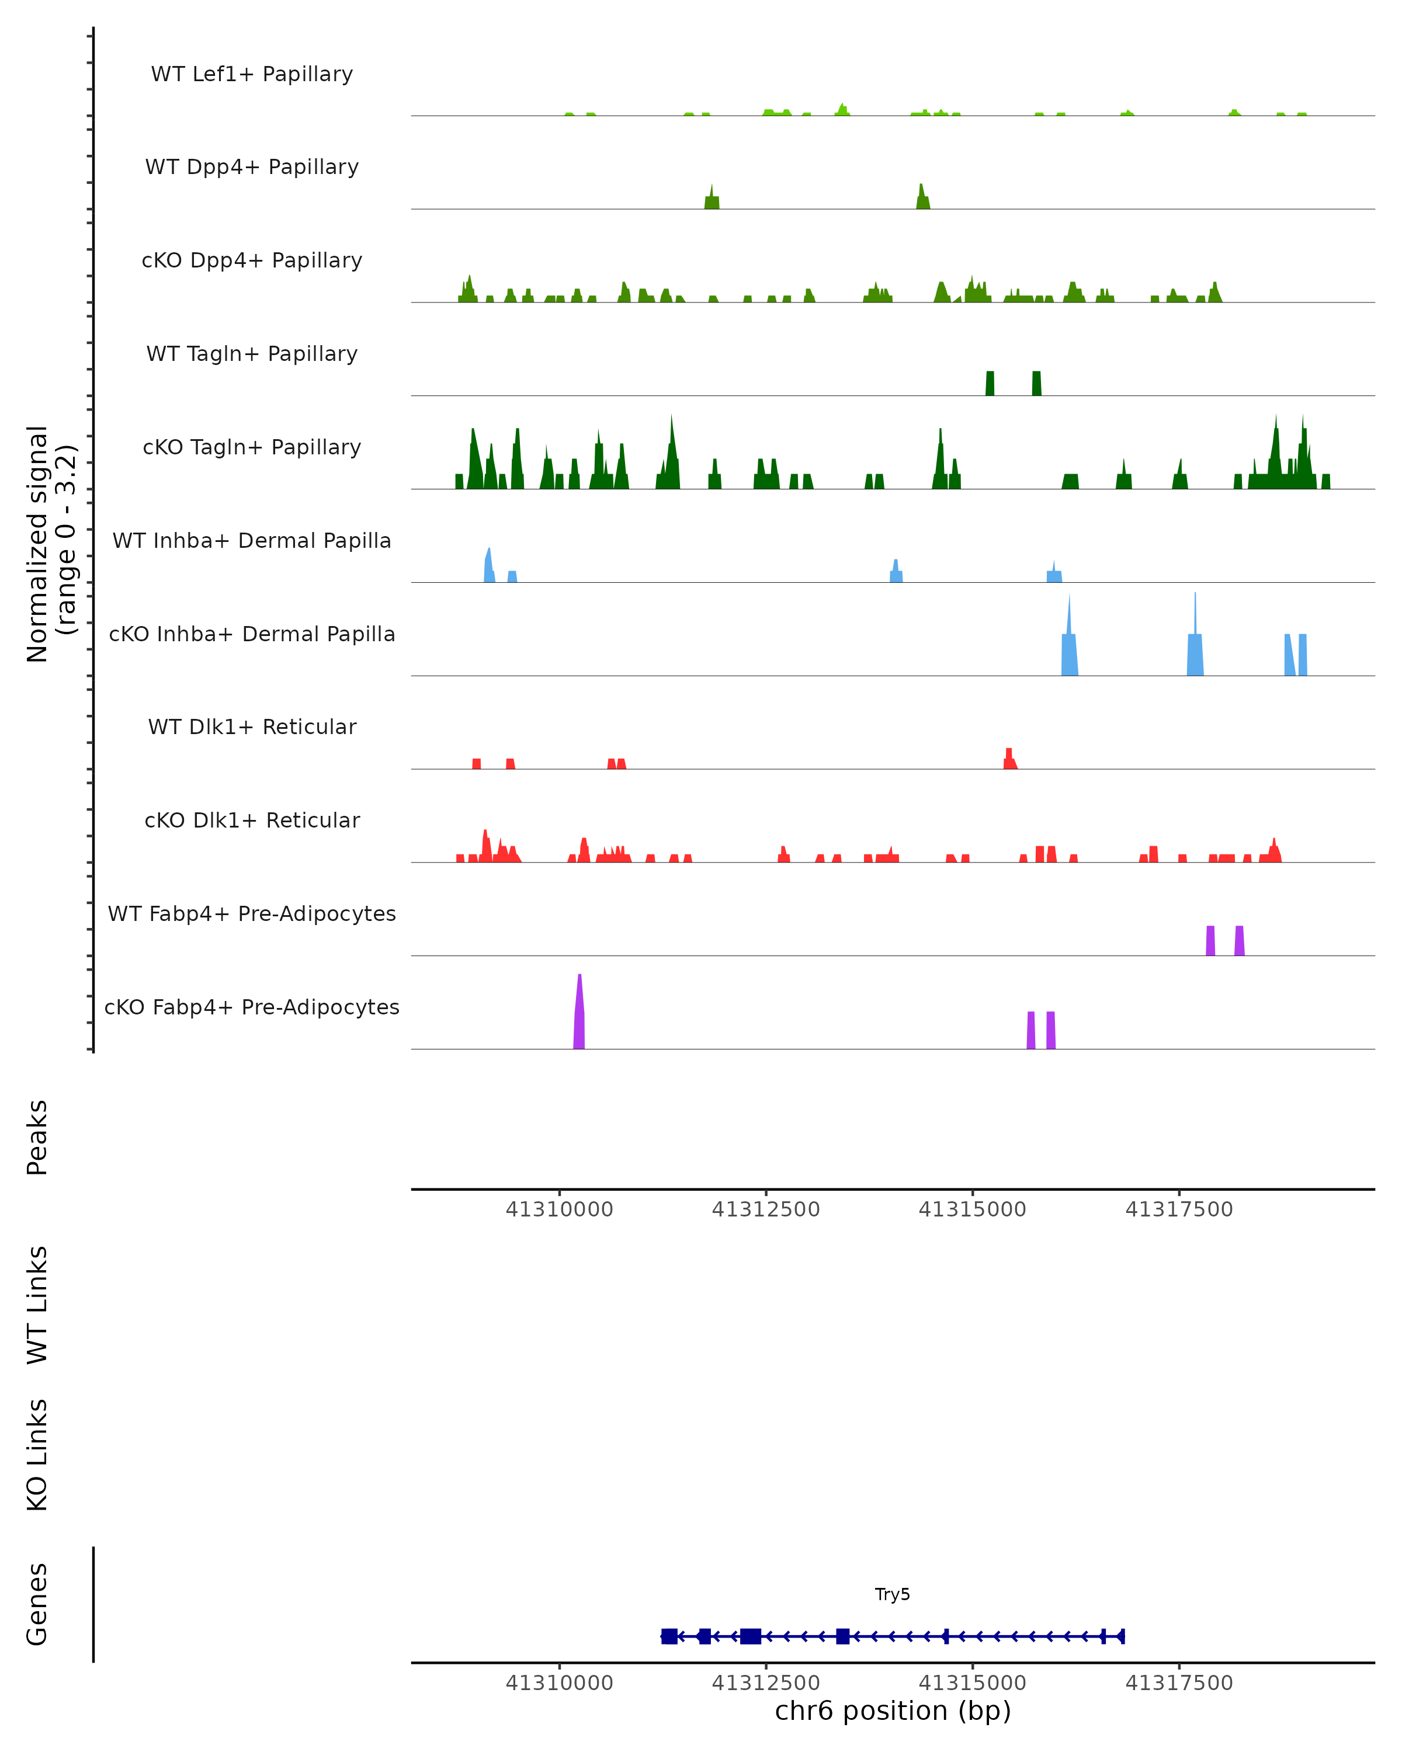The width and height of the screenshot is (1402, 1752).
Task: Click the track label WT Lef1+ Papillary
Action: pos(252,74)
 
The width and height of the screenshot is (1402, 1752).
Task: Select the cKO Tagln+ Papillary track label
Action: pos(252,447)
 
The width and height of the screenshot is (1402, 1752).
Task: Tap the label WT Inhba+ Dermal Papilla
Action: pos(252,540)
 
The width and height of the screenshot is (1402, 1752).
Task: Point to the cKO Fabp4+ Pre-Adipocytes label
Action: pos(252,1007)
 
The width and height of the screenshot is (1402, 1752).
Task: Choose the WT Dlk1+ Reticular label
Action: pos(252,726)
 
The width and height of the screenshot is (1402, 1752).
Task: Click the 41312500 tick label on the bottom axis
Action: pos(766,1683)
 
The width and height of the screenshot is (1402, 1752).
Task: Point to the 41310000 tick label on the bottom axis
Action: pos(559,1683)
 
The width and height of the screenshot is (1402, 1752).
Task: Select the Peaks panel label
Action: pos(37,1137)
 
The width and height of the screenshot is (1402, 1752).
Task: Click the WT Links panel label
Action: pos(37,1304)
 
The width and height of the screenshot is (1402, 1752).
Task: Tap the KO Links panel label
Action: pos(37,1455)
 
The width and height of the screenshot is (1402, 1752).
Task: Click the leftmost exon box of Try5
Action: pos(669,1636)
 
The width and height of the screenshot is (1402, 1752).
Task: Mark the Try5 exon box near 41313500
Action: pos(843,1636)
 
